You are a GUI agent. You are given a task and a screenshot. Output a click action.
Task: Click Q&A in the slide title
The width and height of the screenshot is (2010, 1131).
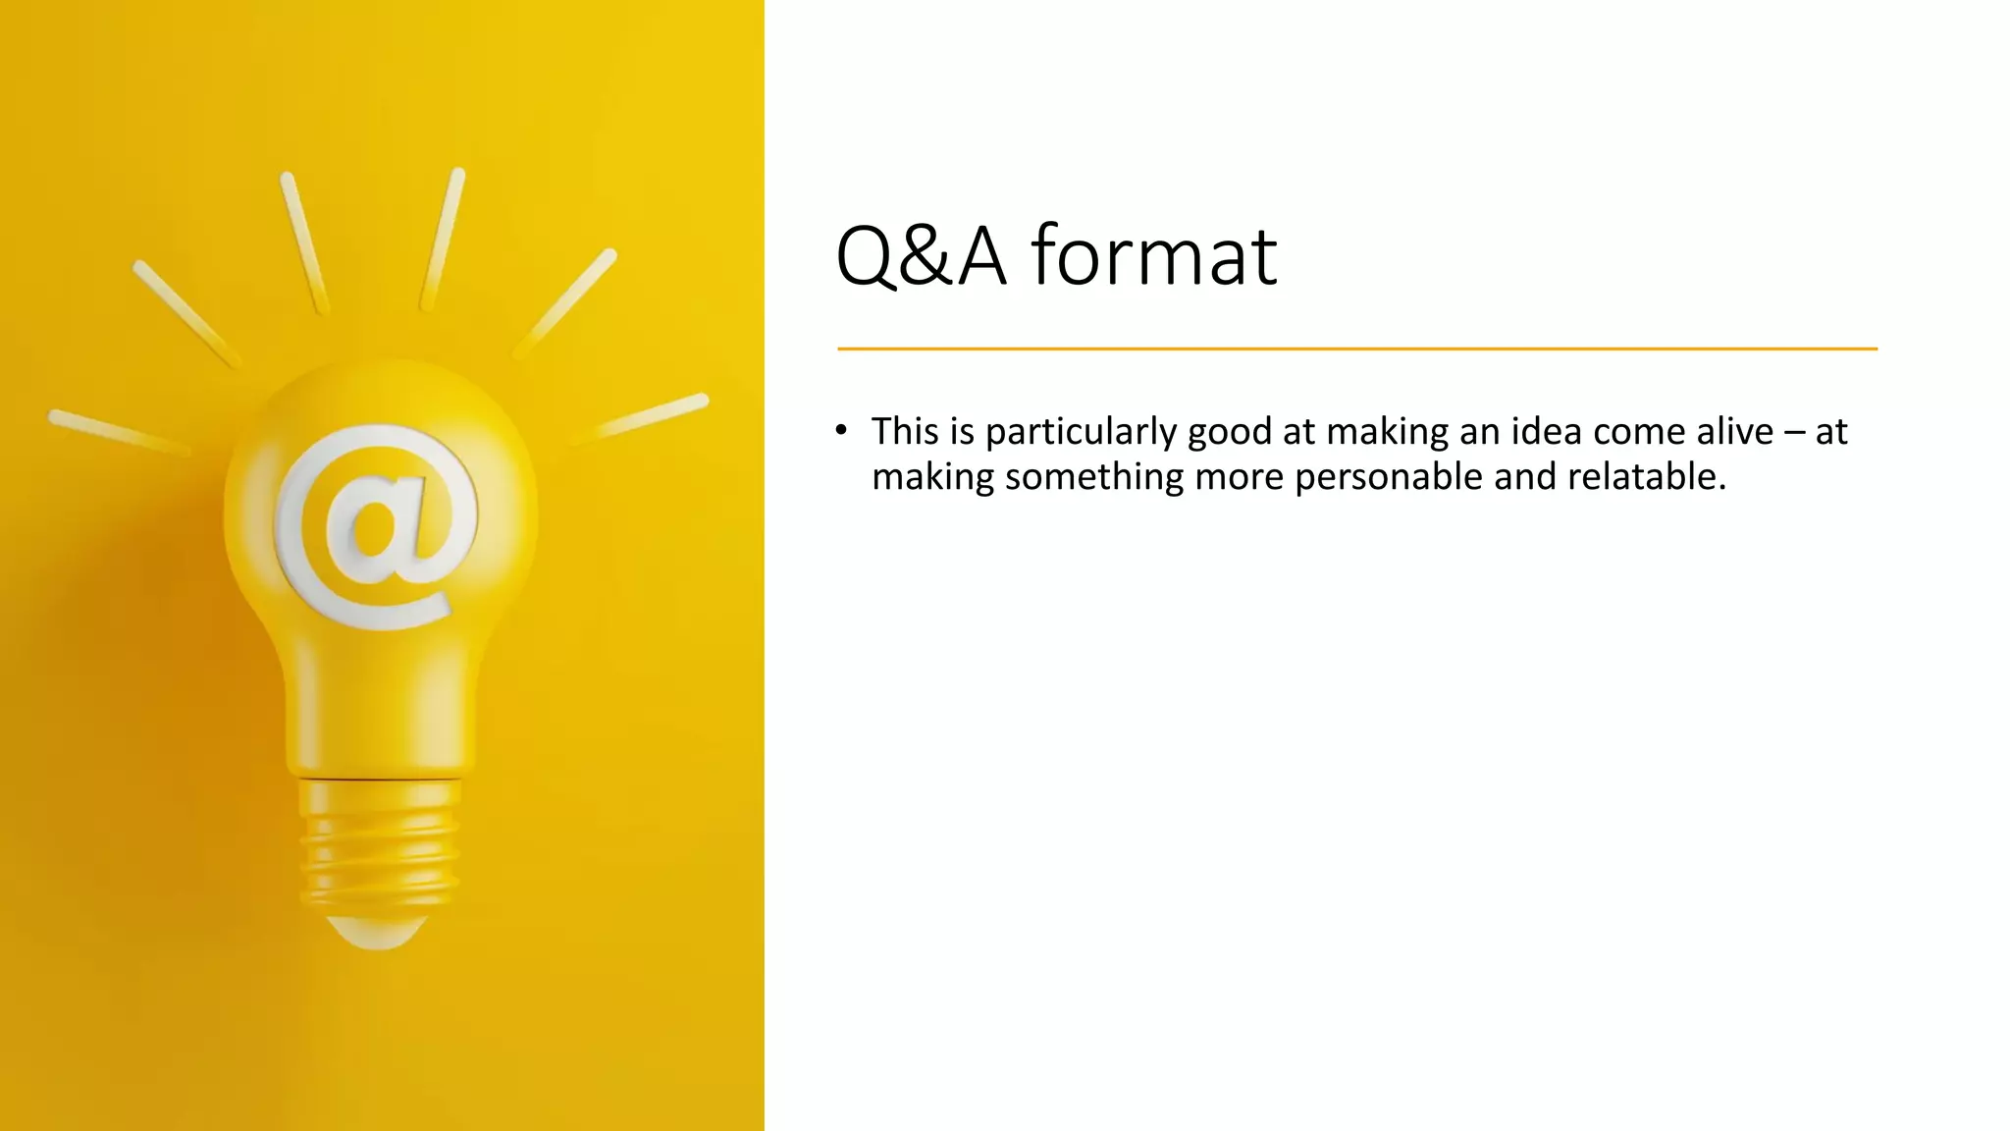coord(921,256)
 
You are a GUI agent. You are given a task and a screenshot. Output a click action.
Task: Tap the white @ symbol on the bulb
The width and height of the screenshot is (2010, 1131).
coord(376,525)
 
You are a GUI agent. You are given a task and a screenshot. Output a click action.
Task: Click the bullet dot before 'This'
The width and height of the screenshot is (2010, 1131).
coord(841,430)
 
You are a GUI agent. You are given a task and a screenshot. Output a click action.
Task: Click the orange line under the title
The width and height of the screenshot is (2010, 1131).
coord(1356,349)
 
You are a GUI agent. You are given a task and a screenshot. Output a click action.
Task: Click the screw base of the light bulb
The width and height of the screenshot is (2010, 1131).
coord(379,844)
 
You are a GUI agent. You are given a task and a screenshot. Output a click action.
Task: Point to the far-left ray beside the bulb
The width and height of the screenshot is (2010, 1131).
coord(118,432)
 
